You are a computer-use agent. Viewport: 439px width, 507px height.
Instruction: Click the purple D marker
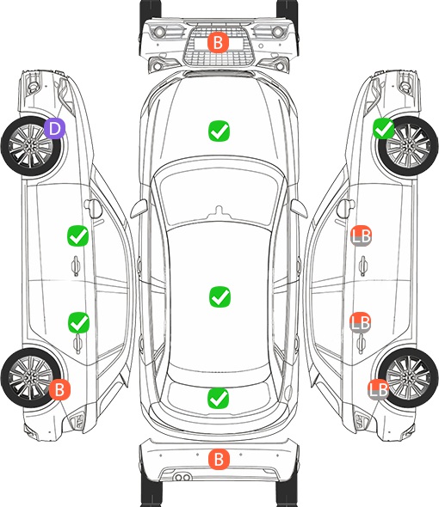55,128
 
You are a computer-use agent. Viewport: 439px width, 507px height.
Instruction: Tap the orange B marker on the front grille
218,42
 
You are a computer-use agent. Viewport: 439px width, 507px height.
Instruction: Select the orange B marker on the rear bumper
219,459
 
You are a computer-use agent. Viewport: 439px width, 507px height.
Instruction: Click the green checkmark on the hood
219,131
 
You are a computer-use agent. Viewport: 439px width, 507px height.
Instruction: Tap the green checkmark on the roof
220,296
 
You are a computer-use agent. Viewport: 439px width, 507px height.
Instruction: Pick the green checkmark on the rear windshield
219,398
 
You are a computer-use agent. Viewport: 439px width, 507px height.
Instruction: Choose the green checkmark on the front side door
77,235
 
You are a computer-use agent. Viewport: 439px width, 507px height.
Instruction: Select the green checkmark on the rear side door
78,322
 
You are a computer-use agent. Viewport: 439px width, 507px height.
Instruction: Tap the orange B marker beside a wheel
59,389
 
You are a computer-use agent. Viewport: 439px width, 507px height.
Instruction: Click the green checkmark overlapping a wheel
384,128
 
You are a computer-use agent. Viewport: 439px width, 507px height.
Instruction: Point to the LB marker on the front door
361,235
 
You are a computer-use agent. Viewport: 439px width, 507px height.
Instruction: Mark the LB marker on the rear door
361,322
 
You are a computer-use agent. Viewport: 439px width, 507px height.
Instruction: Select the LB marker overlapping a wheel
378,389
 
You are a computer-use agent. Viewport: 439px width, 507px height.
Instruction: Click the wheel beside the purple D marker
31,146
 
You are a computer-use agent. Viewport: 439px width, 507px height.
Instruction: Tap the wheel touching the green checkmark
408,146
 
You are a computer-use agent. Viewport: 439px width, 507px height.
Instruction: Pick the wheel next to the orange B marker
31,377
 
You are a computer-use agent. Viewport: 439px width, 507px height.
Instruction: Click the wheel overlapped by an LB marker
408,377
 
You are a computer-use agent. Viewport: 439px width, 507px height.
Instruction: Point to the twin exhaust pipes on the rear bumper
182,477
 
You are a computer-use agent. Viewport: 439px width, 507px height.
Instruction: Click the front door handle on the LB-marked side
363,266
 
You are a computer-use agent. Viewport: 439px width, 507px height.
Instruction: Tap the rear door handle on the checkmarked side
77,344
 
